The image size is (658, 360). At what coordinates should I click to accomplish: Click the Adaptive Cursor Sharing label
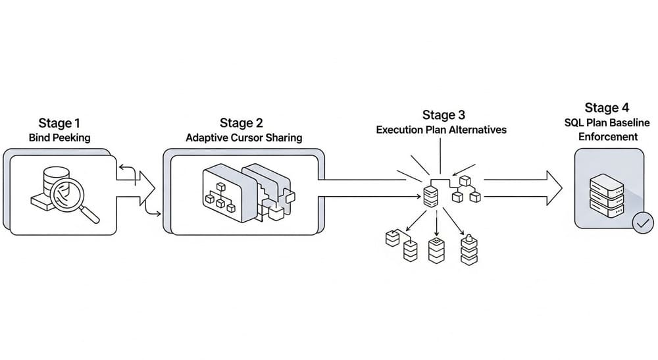(x=243, y=138)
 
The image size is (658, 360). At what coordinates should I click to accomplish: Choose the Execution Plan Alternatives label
(x=442, y=130)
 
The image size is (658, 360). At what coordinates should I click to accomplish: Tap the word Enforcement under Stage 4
(x=609, y=137)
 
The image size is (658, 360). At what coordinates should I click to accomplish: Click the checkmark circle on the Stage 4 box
(x=642, y=223)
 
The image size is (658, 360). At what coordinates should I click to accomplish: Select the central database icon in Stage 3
(x=430, y=195)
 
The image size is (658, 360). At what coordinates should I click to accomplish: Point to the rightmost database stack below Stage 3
(x=468, y=249)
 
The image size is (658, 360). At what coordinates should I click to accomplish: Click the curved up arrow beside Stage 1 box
(x=128, y=172)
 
